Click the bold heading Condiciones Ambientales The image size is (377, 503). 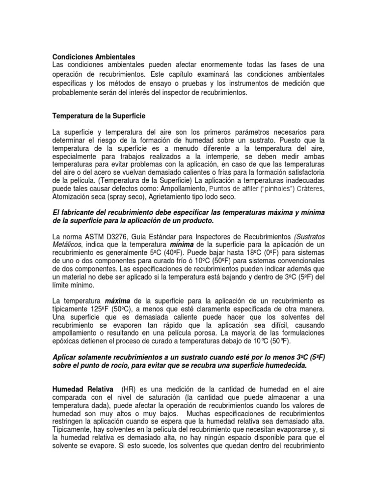[x=93, y=57]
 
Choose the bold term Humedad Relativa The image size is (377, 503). [x=80, y=388]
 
